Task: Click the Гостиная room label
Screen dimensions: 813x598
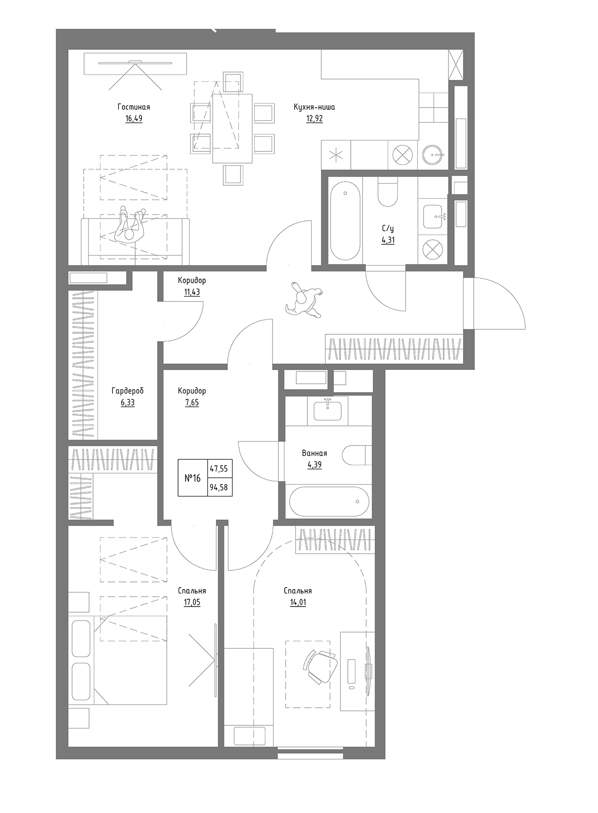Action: pos(133,107)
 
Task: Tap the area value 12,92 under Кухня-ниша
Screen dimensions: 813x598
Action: pos(314,119)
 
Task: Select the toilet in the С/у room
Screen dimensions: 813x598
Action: pos(387,192)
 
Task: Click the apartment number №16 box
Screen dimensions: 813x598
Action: pos(193,478)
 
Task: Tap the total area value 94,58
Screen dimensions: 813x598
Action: pos(219,487)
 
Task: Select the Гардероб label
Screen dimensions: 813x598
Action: pos(127,391)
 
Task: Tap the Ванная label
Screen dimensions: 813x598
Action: pos(314,453)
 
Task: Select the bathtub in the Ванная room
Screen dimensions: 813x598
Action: pos(329,501)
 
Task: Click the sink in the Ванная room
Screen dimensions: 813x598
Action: pos(327,410)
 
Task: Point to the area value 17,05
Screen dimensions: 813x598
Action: pos(192,602)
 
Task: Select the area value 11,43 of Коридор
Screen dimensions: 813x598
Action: pos(192,292)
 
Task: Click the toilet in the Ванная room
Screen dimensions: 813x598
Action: pos(357,455)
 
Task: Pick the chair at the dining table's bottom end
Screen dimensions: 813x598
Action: pos(233,174)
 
